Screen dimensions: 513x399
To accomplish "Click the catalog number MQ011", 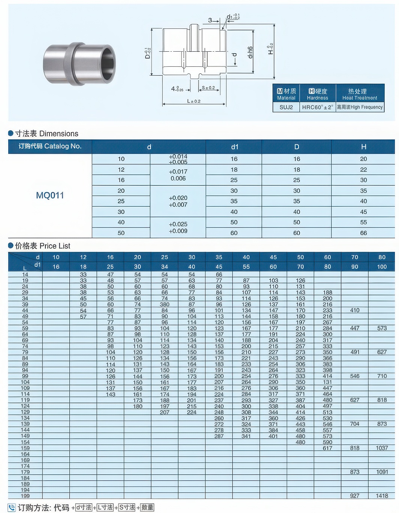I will coord(50,195).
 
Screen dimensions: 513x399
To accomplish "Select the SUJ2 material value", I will coord(286,107).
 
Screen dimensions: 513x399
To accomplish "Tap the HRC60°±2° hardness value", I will coord(317,107).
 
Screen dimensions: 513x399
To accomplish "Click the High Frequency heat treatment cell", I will coord(360,107).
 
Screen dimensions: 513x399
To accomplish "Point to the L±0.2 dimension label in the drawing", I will coord(194,101).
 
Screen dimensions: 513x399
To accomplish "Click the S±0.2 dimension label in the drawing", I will coord(208,88).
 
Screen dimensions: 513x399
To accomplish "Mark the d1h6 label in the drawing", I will coord(250,52).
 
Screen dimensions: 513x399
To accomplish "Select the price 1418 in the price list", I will coord(382,496).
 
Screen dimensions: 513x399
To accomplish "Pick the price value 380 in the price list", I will coord(164,304).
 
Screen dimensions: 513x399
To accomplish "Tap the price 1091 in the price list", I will coord(382,472).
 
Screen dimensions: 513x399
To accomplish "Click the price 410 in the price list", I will coord(354,310).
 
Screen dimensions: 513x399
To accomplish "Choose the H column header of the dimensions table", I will coord(363,147).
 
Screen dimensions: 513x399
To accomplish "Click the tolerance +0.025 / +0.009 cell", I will coord(178,228).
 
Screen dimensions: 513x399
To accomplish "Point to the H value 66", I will coord(363,233).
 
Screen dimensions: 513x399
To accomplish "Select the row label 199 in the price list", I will coord(25,496).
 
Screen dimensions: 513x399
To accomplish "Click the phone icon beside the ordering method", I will coord(12,508).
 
